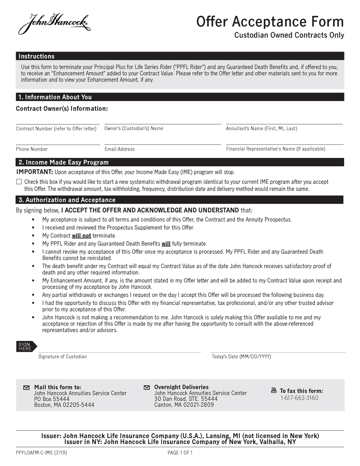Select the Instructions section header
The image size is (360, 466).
tap(36, 56)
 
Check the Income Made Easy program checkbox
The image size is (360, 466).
tap(19, 181)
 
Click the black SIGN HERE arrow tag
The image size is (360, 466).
tap(26, 347)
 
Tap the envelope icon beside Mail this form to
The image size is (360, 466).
tap(26, 387)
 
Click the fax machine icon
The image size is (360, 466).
tap(274, 390)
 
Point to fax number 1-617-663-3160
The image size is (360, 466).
tap(299, 398)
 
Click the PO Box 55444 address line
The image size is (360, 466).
tap(52, 399)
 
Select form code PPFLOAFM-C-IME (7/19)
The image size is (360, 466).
tap(41, 452)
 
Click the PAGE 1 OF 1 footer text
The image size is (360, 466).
tap(180, 452)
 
